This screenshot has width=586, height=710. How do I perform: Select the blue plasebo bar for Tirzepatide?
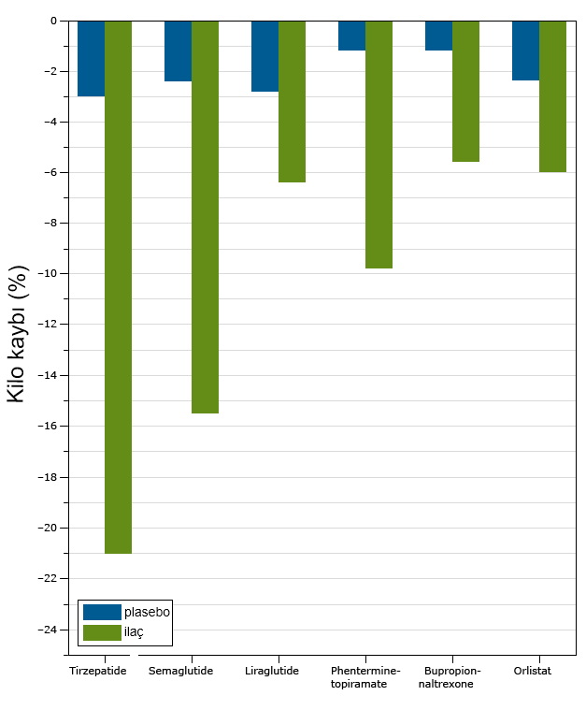91,58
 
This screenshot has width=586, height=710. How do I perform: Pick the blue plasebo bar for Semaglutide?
178,51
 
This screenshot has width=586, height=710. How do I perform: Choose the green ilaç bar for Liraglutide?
292,101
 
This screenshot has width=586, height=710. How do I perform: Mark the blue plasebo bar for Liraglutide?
264,56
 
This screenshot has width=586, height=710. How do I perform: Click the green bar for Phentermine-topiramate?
379,144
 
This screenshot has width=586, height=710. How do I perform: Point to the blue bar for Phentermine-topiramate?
351,36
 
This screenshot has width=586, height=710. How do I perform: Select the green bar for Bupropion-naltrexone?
465,91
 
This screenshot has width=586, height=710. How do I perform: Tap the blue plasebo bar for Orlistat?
525,51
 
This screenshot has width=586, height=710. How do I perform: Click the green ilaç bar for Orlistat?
552,96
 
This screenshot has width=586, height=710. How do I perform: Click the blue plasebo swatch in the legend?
102,612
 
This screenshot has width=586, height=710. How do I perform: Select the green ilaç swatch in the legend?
102,632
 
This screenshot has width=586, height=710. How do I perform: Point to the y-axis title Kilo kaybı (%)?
18,334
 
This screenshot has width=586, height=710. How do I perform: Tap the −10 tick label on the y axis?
46,274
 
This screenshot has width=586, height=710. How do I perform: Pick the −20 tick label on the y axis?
46,528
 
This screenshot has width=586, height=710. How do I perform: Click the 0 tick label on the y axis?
54,21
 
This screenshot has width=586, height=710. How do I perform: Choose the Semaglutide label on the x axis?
180,671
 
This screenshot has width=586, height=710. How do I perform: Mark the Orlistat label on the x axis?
532,671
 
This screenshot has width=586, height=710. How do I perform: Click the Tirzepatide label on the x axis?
97,671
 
